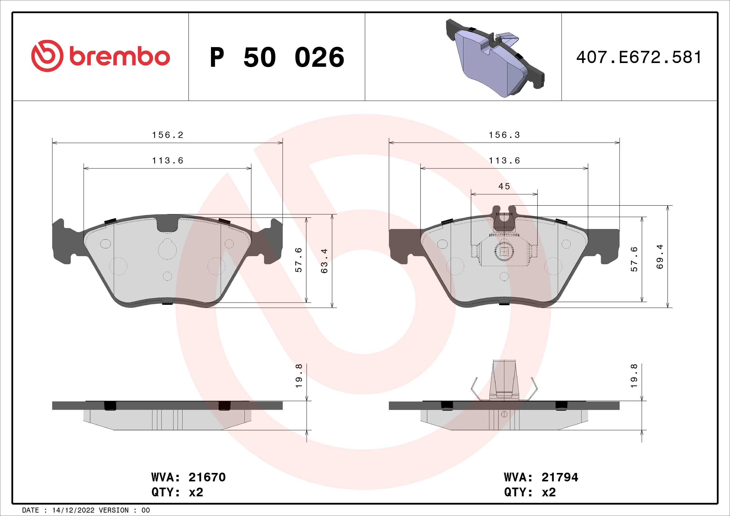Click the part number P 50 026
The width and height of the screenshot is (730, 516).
point(277,57)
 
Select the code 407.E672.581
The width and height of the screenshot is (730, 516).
point(639,57)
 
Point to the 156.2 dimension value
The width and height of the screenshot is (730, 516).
point(168,135)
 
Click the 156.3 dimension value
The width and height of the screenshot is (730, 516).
point(504,135)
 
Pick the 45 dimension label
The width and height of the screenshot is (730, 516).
point(504,187)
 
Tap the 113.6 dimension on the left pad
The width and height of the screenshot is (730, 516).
point(168,161)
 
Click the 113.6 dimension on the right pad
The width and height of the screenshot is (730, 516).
point(504,161)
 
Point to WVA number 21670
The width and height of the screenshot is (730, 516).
point(207,477)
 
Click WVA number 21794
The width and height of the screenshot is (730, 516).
point(560,477)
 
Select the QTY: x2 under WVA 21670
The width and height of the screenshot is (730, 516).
point(177,492)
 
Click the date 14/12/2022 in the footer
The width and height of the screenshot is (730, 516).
point(73,510)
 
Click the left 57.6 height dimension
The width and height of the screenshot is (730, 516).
point(299,260)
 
